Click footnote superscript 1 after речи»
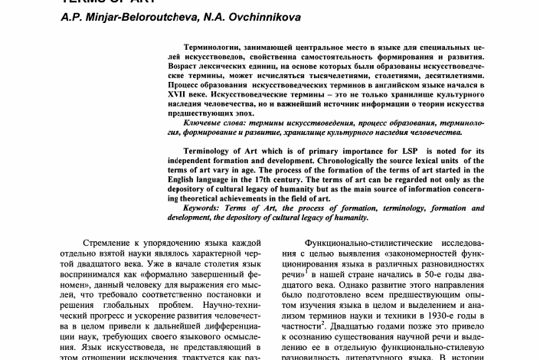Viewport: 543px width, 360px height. point(306,268)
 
